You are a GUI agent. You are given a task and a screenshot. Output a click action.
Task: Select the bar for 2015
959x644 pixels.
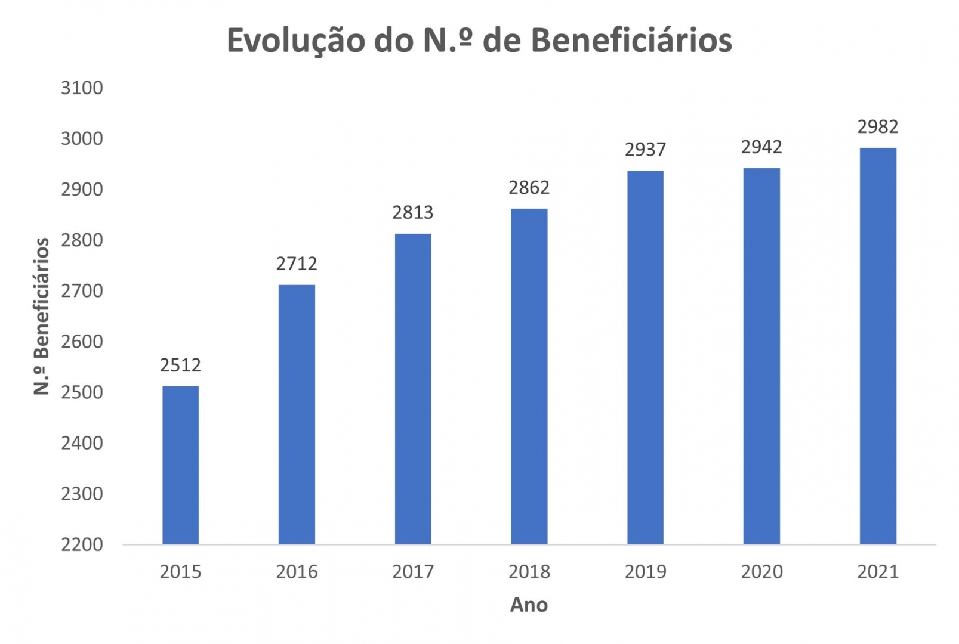pyautogui.click(x=180, y=465)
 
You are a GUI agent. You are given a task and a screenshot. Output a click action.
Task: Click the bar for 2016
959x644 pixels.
pyautogui.click(x=297, y=414)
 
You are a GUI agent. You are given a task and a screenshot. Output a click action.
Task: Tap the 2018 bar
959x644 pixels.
pyautogui.click(x=529, y=376)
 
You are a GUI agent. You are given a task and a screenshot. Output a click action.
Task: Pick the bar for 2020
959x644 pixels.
pyautogui.click(x=761, y=356)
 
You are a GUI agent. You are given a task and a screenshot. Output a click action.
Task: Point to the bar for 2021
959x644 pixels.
pyautogui.click(x=877, y=346)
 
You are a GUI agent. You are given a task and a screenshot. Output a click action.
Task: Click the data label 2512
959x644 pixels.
pyautogui.click(x=180, y=365)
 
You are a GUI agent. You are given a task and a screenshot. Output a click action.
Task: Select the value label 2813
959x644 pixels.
pyautogui.click(x=412, y=212)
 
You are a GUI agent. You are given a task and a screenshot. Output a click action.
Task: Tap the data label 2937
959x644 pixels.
pyautogui.click(x=645, y=149)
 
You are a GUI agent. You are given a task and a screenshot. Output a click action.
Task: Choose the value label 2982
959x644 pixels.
pyautogui.click(x=877, y=126)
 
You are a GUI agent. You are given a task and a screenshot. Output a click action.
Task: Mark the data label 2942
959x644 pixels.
pyautogui.click(x=761, y=147)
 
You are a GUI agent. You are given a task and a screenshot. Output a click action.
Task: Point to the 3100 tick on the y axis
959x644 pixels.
pyautogui.click(x=82, y=88)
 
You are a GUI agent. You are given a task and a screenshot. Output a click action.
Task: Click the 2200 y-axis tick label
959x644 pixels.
pyautogui.click(x=82, y=544)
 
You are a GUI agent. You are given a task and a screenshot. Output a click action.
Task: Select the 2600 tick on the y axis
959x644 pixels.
pyautogui.click(x=82, y=342)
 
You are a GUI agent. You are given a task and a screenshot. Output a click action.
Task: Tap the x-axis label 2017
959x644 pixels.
pyautogui.click(x=412, y=572)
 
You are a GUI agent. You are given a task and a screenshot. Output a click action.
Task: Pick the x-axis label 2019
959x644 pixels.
pyautogui.click(x=645, y=572)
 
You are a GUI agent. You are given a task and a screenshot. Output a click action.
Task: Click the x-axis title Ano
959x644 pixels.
pyautogui.click(x=529, y=605)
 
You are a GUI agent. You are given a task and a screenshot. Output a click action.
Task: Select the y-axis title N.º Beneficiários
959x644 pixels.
pyautogui.click(x=41, y=316)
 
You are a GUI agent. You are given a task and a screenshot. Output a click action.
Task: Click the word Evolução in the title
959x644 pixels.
pyautogui.click(x=296, y=41)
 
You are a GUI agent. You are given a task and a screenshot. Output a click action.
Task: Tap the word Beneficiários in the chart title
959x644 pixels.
pyautogui.click(x=631, y=41)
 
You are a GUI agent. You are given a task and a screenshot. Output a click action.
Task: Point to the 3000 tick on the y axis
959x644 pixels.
pyautogui.click(x=82, y=138)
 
